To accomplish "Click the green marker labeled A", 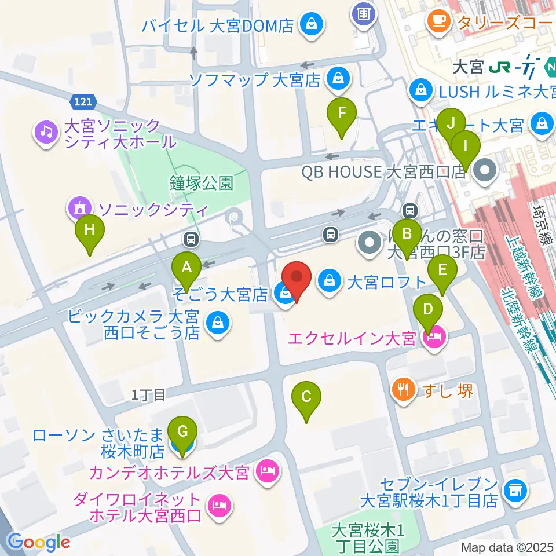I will (x=186, y=268).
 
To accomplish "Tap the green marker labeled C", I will (x=306, y=398).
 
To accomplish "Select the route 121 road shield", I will (x=82, y=102).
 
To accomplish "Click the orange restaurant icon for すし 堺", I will (x=402, y=390).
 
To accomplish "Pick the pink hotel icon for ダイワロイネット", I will (x=219, y=506).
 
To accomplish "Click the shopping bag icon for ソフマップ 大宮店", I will (x=337, y=79).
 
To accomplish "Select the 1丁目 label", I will (x=149, y=395).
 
